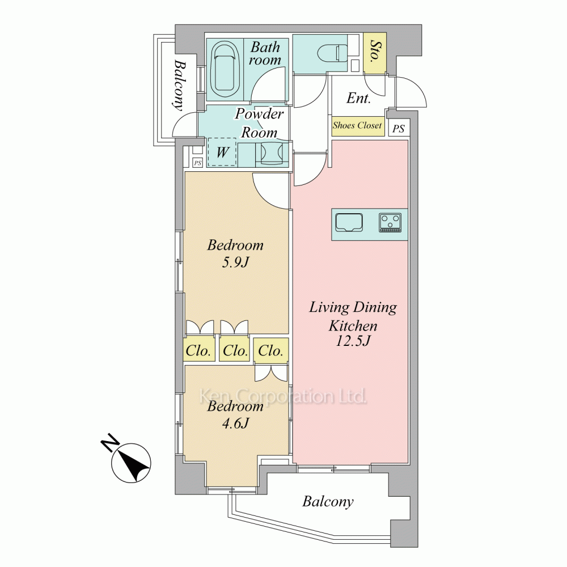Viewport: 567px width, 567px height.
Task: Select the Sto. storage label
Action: click(x=375, y=50)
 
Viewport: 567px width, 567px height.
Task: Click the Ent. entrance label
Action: click(x=358, y=98)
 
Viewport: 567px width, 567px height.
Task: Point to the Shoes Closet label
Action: click(x=357, y=125)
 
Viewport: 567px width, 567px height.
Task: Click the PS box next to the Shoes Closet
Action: click(x=399, y=128)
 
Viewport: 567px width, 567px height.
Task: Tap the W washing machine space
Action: click(x=222, y=152)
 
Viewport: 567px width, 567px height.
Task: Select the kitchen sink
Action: click(x=349, y=223)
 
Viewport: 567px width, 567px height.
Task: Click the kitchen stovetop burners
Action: click(x=390, y=222)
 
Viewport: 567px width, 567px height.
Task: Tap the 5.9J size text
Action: click(x=235, y=262)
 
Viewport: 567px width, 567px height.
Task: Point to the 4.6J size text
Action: click(x=235, y=423)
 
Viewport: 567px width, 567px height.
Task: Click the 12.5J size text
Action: click(x=353, y=341)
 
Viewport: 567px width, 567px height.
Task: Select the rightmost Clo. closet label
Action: click(x=270, y=350)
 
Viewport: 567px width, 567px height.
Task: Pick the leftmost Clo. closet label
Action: click(x=198, y=350)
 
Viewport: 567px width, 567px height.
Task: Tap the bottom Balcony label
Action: click(x=328, y=502)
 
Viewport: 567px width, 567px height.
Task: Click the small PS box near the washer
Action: click(x=197, y=163)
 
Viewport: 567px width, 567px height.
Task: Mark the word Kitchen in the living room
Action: click(x=353, y=325)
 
